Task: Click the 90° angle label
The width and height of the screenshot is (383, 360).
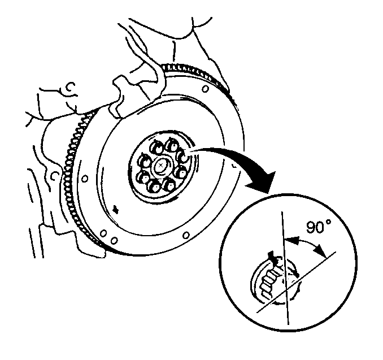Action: click(x=319, y=227)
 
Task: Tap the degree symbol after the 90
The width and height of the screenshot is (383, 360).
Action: click(x=329, y=222)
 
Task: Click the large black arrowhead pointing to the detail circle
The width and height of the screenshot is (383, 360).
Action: click(x=263, y=182)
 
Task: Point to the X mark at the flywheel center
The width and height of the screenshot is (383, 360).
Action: click(x=160, y=166)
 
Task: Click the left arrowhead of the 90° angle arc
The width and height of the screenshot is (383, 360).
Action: click(x=291, y=240)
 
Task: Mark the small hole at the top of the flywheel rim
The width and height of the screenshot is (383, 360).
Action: click(x=205, y=89)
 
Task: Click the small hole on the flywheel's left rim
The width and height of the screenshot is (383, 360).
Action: click(x=85, y=179)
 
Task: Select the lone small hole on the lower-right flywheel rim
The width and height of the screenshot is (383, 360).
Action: click(x=186, y=235)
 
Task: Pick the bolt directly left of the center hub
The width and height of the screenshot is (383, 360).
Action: click(x=144, y=161)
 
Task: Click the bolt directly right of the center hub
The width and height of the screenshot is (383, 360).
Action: click(x=182, y=172)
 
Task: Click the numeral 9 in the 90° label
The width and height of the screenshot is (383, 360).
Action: click(x=311, y=227)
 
